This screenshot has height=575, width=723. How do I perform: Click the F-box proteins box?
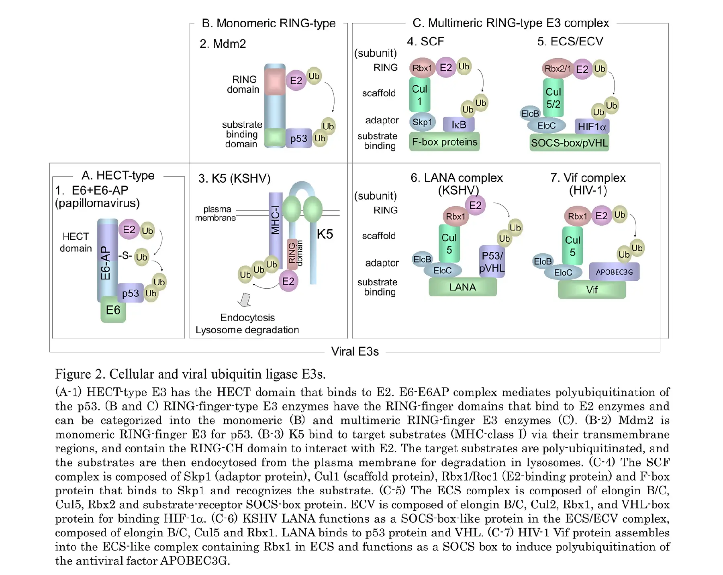[x=444, y=142]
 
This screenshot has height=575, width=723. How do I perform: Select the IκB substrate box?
[x=459, y=124]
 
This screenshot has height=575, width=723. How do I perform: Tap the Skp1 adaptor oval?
[x=422, y=122]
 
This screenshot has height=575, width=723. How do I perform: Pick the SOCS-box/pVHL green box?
[x=569, y=143]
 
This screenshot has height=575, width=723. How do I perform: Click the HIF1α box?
[x=592, y=126]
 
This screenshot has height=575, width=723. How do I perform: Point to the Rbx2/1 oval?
[x=557, y=69]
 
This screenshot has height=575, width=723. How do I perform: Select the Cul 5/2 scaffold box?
[x=553, y=98]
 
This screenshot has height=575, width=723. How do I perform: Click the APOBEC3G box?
[x=614, y=272]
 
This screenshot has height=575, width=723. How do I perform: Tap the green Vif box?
[x=592, y=290]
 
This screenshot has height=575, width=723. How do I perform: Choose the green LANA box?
[x=462, y=287]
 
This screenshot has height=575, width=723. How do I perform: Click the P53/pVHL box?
[x=492, y=261]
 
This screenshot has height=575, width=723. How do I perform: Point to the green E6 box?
[x=113, y=310]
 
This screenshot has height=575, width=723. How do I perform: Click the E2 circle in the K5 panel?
[x=288, y=281]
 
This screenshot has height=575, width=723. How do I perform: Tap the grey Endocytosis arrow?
[x=245, y=300]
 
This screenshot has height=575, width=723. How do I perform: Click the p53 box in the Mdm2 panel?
[x=298, y=138]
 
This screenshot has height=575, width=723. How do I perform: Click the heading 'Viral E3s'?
[x=355, y=352]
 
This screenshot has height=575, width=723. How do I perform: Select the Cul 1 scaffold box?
[x=419, y=95]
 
